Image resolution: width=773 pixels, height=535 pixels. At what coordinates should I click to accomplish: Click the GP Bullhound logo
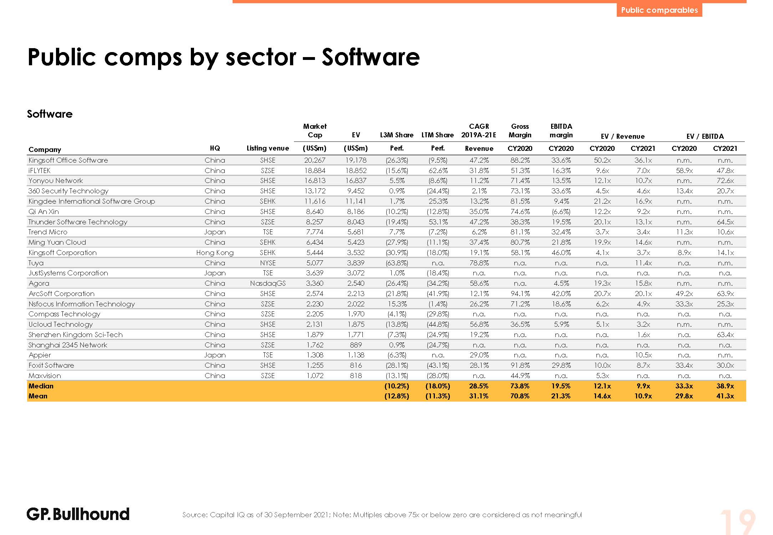78,514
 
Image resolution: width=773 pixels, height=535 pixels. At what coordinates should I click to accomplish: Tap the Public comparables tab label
659,10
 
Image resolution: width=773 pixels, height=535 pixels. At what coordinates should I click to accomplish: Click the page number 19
737,521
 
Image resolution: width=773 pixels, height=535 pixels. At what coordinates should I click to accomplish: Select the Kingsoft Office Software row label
68,160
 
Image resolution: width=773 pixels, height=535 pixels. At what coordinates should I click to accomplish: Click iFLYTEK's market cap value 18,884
315,170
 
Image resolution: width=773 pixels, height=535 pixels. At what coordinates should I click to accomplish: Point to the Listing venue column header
268,148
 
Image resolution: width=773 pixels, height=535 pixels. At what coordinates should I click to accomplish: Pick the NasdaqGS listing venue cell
268,283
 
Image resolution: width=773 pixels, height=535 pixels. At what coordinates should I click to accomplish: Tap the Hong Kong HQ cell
215,253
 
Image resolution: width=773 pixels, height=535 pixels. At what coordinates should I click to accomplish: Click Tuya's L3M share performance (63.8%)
397,263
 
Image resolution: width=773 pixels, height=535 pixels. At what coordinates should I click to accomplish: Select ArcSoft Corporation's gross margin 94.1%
520,294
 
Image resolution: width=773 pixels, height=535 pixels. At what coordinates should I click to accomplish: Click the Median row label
41,386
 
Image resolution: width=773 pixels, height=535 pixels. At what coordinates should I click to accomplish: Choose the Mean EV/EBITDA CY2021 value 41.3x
725,396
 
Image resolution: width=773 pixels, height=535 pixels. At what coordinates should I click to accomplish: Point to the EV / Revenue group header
622,136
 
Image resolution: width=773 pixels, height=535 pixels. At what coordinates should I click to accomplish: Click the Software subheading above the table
50,114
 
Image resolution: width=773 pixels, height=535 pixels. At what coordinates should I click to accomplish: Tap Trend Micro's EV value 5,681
356,232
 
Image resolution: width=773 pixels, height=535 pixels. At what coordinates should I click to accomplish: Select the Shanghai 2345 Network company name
68,345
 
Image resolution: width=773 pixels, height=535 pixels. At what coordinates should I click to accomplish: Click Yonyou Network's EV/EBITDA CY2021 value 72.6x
725,180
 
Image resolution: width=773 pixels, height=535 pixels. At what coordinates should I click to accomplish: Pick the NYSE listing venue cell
268,263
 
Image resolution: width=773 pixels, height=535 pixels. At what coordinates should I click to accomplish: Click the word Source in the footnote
195,515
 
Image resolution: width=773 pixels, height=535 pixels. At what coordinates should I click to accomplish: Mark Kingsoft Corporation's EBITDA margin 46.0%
561,253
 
